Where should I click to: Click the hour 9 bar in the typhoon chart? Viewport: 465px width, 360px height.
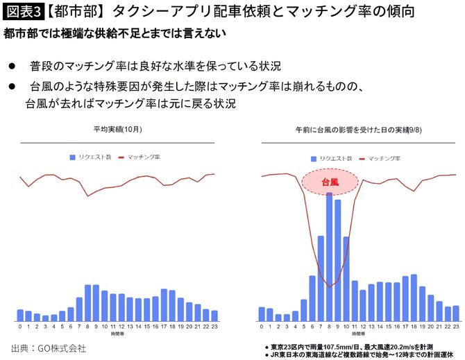pos(338,260)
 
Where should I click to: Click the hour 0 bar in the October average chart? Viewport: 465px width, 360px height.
pos(20,315)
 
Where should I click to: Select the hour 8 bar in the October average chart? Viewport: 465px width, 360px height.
pos(88,302)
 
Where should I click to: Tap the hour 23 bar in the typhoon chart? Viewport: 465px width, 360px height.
pos(455,314)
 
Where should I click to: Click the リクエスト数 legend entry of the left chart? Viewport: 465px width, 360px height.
pos(90,157)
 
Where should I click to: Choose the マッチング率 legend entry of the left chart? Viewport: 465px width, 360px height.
pos(139,157)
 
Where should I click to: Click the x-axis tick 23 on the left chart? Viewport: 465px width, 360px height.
pos(214,326)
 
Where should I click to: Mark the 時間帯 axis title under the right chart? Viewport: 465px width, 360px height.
pos(359,334)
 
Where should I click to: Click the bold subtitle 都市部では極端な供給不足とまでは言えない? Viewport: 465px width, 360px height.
pos(115,33)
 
